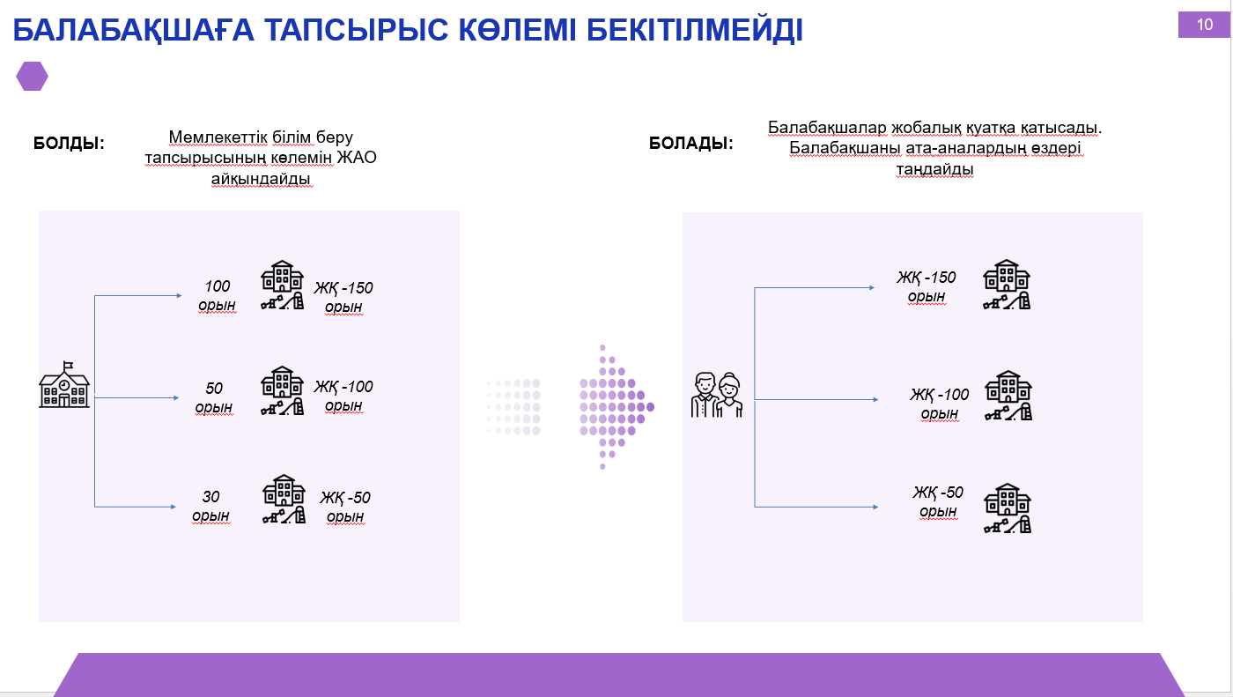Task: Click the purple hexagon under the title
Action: pyautogui.click(x=32, y=76)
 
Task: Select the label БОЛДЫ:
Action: pyautogui.click(x=69, y=143)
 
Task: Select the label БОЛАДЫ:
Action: pyautogui.click(x=690, y=143)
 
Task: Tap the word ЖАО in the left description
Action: pyautogui.click(x=356, y=158)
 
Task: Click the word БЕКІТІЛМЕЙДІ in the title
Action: pyautogui.click(x=695, y=30)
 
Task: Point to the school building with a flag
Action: pyautogui.click(x=64, y=384)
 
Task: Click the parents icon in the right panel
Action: pyautogui.click(x=717, y=395)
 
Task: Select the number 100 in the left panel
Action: pyautogui.click(x=218, y=286)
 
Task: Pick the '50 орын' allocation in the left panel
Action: pyautogui.click(x=213, y=397)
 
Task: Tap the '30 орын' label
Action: pyautogui.click(x=210, y=506)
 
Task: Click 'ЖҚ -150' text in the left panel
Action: pyautogui.click(x=343, y=288)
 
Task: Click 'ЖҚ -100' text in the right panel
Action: pyautogui.click(x=939, y=394)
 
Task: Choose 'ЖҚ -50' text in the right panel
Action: pyautogui.click(x=938, y=493)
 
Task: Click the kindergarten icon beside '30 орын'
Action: pyautogui.click(x=284, y=499)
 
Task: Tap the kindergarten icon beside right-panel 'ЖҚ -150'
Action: pyautogui.click(x=1007, y=284)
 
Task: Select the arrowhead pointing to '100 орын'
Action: pyautogui.click(x=179, y=296)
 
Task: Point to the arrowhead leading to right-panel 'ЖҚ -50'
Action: pyautogui.click(x=875, y=507)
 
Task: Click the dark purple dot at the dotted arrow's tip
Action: pyautogui.click(x=650, y=407)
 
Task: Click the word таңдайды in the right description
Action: pyautogui.click(x=934, y=169)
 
